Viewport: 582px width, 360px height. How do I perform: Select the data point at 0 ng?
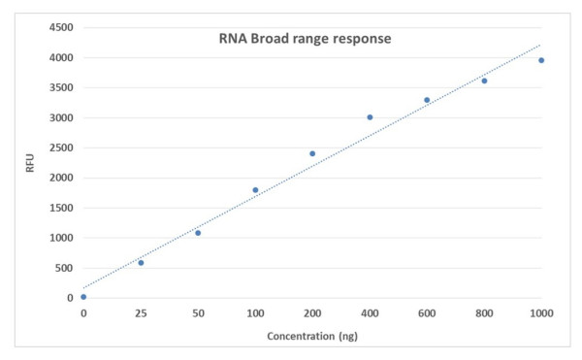tap(83, 297)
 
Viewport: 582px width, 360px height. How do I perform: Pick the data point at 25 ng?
tap(141, 263)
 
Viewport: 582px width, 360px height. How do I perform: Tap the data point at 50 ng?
tap(198, 233)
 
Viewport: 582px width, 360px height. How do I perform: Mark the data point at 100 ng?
tap(255, 190)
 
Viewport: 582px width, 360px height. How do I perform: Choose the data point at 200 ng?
tap(312, 153)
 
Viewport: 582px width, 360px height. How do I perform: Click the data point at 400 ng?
tap(370, 117)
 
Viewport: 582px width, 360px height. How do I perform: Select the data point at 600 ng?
tap(427, 100)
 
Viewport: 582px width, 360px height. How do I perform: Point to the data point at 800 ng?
tap(484, 81)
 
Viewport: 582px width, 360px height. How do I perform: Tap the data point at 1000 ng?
tap(541, 60)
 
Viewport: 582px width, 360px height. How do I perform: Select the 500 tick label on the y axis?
tap(63, 268)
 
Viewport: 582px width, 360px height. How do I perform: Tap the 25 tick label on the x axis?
tap(141, 313)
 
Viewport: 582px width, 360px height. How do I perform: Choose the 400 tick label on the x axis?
tap(370, 313)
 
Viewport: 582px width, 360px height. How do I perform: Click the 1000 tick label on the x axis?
tap(540, 313)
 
